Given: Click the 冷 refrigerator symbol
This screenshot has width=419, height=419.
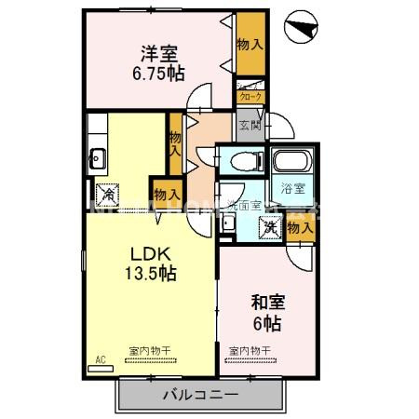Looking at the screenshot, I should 109,195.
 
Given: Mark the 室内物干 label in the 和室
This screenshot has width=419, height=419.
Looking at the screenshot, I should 250,351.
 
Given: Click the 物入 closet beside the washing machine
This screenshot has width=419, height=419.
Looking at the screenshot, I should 300,226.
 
